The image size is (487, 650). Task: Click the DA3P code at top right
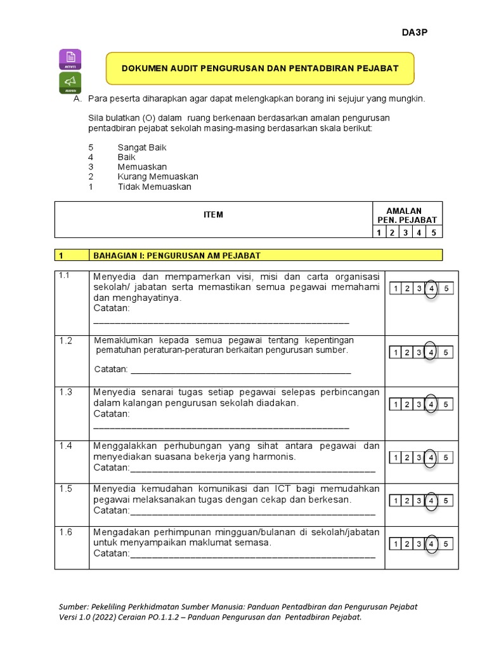415,33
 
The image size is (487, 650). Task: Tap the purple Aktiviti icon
70,59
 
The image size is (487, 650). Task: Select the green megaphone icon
70,83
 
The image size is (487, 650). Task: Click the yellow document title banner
260,68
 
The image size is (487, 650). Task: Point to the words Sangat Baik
142,147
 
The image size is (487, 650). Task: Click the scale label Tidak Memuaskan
154,187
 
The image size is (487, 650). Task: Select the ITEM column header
213,215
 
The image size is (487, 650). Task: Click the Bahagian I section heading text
177,255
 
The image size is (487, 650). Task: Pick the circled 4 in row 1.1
431,289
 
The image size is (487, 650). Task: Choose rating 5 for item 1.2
446,352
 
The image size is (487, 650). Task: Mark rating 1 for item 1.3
394,404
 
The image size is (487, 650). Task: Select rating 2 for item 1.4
407,458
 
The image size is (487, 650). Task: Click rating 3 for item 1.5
419,501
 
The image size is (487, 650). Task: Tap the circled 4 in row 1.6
431,544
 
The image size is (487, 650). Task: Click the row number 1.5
67,489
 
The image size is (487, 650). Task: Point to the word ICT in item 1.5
283,489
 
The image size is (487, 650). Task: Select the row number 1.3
67,392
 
